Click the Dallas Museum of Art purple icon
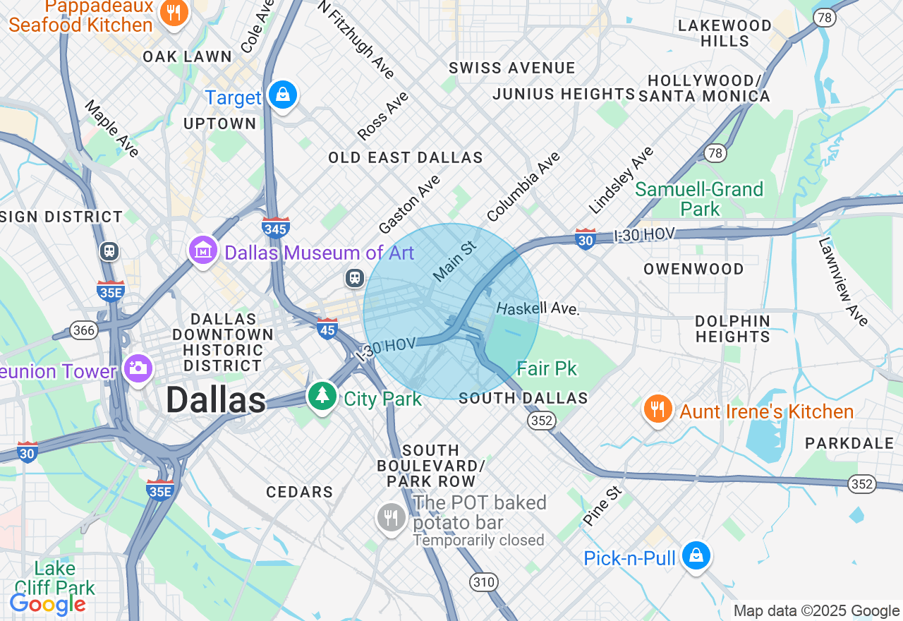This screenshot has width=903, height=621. click(203, 251)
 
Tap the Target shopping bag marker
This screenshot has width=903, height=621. click(283, 95)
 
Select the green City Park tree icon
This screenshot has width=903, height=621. click(322, 396)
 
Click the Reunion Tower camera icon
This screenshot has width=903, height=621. click(138, 368)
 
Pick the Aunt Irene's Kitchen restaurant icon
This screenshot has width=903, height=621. click(657, 410)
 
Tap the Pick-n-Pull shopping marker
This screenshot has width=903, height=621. click(696, 557)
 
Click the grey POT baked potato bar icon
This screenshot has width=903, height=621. click(391, 519)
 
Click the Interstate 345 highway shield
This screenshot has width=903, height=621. click(275, 227)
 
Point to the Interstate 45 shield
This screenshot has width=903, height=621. click(327, 328)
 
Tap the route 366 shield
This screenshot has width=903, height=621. click(83, 330)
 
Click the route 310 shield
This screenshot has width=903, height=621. click(483, 582)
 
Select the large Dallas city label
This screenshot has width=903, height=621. click(215, 401)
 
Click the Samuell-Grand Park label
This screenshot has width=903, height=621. click(699, 199)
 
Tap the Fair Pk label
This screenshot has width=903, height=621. click(547, 368)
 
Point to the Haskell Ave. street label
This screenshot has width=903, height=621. click(538, 309)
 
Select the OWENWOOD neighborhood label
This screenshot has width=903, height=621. click(693, 269)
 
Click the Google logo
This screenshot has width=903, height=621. click(48, 604)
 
